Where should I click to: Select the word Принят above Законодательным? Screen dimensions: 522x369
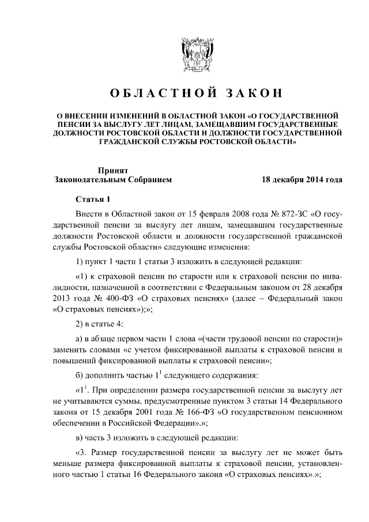coord(112,170)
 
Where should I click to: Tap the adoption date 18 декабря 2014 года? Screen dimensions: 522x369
coord(302,179)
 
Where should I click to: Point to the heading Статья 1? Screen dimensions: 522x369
coord(92,200)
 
